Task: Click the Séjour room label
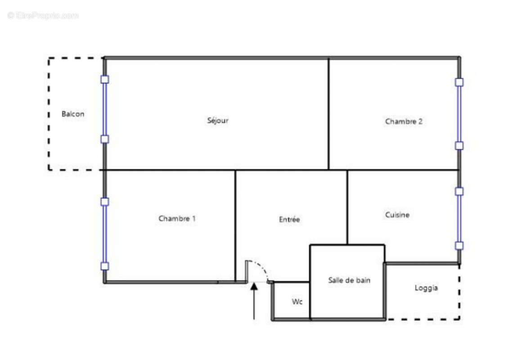coord(218,121)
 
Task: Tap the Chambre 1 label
coord(177,219)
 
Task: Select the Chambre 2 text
coord(404,121)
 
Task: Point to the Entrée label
coord(289,220)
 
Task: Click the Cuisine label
coord(397,215)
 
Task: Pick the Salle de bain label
coord(349,280)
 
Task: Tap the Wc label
coord(297,301)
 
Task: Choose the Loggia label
coord(426,288)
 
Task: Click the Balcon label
coord(73,114)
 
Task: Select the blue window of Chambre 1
coord(105,234)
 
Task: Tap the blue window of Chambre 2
coord(459,114)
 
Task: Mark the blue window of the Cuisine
coord(459,218)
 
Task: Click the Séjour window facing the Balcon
coord(105,109)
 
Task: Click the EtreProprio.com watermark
coord(43,16)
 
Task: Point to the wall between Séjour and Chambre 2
coord(328,114)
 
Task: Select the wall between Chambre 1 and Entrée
coord(235,225)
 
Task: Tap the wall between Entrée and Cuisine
coord(347,207)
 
